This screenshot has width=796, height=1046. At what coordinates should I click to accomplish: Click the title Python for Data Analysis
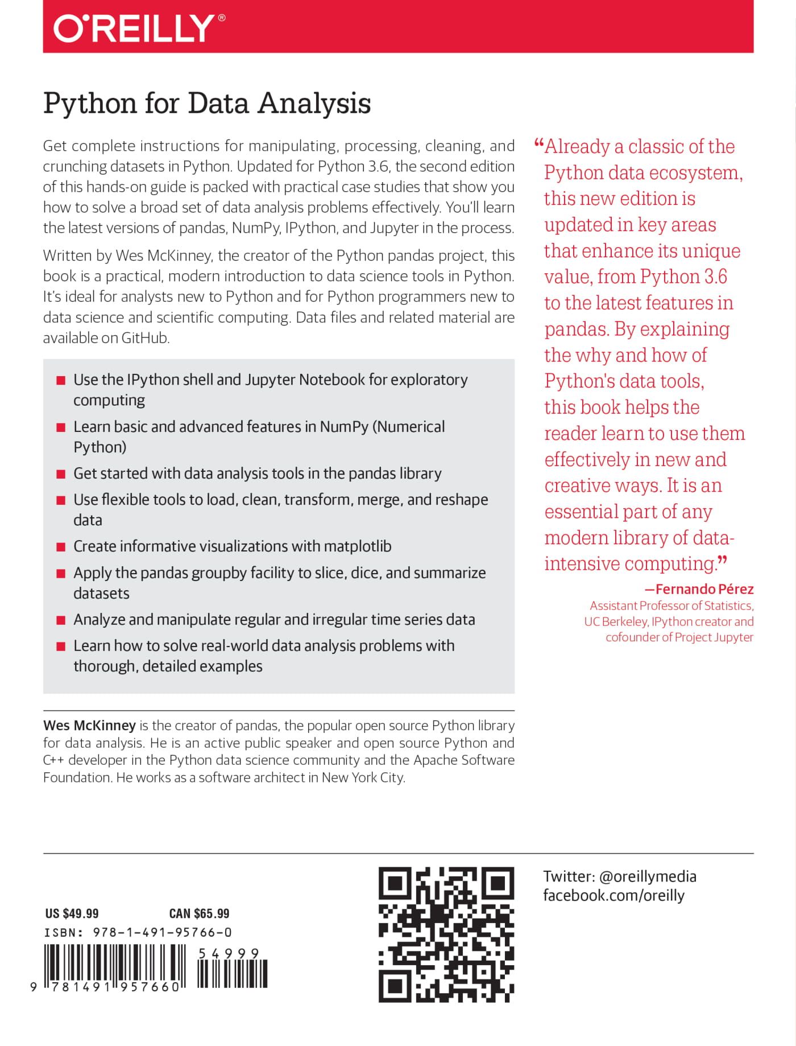click(207, 104)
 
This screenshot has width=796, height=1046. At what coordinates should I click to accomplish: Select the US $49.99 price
click(72, 913)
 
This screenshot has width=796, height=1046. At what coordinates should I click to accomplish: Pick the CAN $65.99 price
click(199, 913)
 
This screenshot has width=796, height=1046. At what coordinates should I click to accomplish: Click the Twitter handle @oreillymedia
click(648, 876)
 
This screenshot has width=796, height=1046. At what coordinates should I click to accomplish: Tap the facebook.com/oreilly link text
click(613, 895)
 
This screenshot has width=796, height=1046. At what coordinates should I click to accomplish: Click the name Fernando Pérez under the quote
click(704, 589)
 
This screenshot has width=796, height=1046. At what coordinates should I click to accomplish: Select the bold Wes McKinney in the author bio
click(89, 726)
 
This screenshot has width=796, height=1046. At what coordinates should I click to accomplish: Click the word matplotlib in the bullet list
click(357, 546)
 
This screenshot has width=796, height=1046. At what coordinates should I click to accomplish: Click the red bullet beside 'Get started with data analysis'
click(61, 474)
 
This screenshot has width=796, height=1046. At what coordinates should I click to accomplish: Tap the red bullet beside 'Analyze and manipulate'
click(61, 620)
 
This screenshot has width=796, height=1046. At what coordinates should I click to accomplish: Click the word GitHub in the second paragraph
click(145, 338)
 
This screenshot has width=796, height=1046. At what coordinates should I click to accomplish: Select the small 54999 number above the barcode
click(229, 954)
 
